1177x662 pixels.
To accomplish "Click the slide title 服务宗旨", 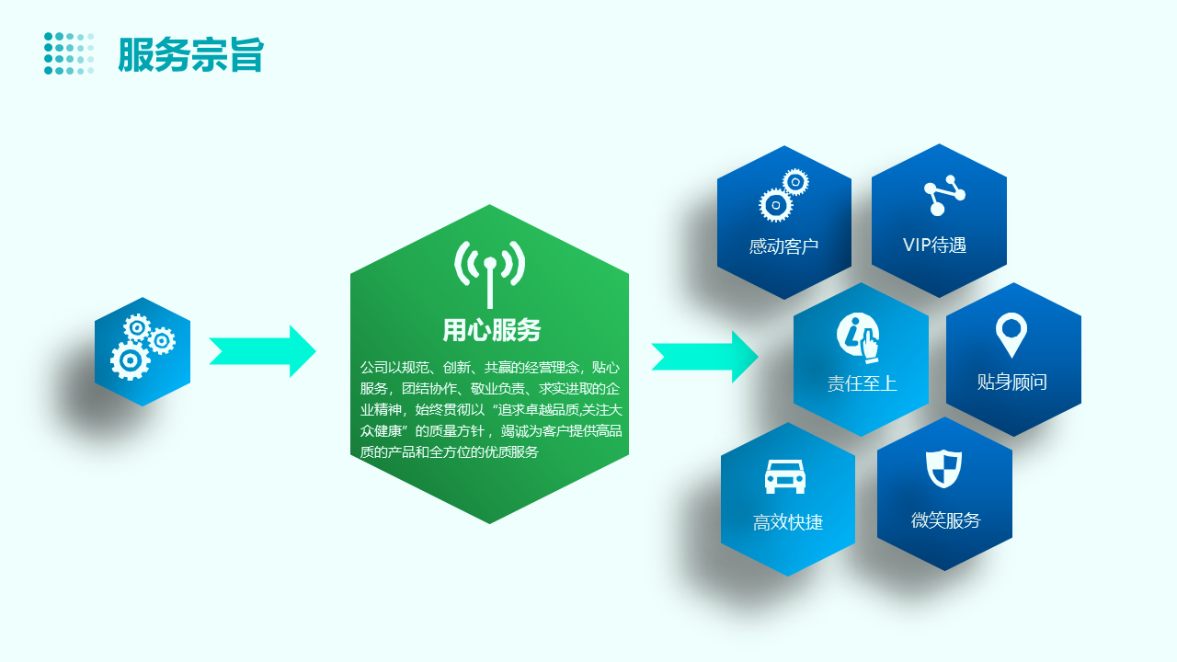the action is (x=190, y=54).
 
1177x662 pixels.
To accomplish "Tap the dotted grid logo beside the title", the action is (x=69, y=53).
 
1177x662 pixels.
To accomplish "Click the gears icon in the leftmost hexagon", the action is (x=143, y=347).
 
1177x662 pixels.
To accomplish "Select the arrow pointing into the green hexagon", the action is (x=262, y=351).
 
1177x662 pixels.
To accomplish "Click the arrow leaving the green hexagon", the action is (x=704, y=357).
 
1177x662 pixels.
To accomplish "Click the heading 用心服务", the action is (x=491, y=330).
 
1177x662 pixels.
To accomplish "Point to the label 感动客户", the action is (x=783, y=246).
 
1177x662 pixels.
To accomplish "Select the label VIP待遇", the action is (x=934, y=245).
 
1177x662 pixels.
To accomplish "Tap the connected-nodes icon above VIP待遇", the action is (x=944, y=195).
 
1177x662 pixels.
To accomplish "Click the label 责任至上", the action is (x=862, y=383).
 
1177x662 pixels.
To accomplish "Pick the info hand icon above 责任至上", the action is (x=859, y=337).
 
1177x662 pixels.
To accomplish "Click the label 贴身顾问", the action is (x=1012, y=382).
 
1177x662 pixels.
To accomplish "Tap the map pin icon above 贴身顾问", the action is (x=1011, y=335).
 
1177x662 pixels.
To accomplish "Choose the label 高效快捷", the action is (x=788, y=522).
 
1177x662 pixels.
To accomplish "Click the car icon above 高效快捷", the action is (x=785, y=476).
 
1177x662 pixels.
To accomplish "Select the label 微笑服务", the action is (x=946, y=520).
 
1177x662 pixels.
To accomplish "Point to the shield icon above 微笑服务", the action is (x=943, y=469).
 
